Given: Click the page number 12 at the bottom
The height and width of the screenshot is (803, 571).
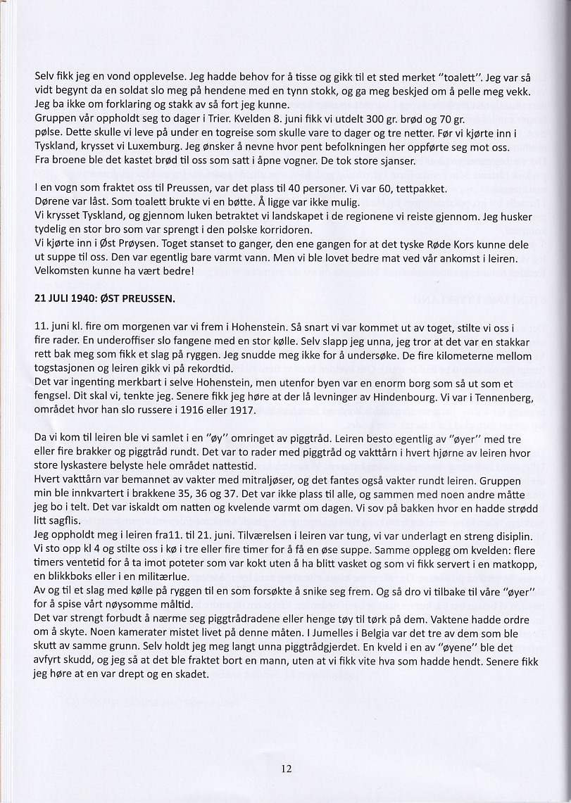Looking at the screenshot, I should (286, 769).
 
